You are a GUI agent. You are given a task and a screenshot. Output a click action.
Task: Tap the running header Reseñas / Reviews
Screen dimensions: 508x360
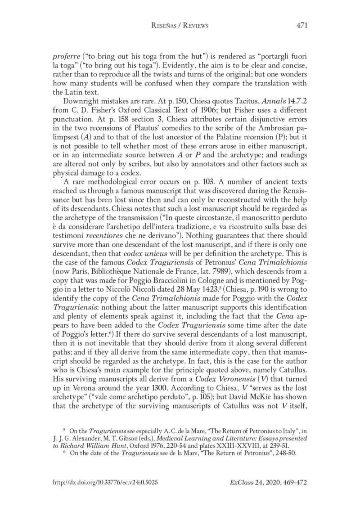click(180, 26)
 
